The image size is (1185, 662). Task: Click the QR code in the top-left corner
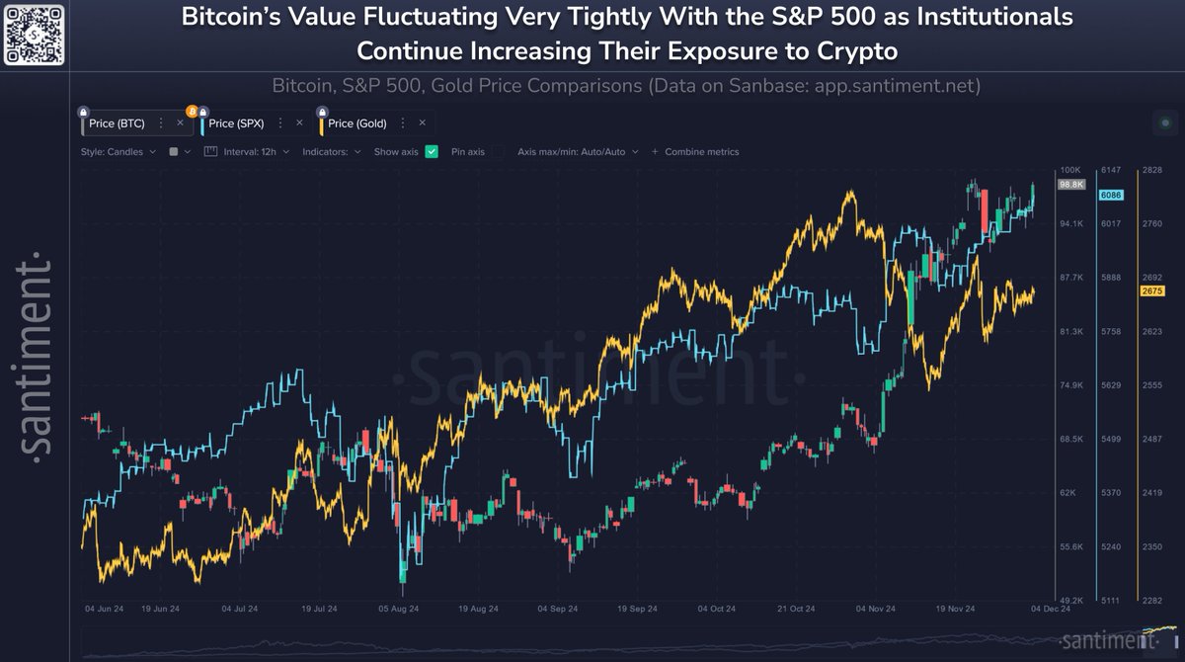tap(35, 35)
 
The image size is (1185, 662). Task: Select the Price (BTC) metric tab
tap(117, 124)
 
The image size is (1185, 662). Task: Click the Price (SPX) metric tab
tap(236, 124)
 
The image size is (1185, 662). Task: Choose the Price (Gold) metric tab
tap(356, 124)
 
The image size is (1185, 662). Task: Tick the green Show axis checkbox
tap(432, 152)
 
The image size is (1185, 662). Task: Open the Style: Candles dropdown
tap(118, 152)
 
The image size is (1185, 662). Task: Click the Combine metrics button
tap(701, 152)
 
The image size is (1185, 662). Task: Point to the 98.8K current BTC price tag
tap(1071, 185)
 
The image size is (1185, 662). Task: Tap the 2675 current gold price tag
tap(1151, 290)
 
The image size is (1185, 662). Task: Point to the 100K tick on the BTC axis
tap(1071, 171)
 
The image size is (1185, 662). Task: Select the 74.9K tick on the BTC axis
tap(1071, 385)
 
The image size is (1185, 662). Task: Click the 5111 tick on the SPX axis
tap(1111, 600)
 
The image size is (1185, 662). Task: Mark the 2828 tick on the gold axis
tap(1151, 171)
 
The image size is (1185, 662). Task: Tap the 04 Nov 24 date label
tap(874, 611)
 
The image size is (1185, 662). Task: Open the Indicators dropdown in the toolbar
tap(331, 152)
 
